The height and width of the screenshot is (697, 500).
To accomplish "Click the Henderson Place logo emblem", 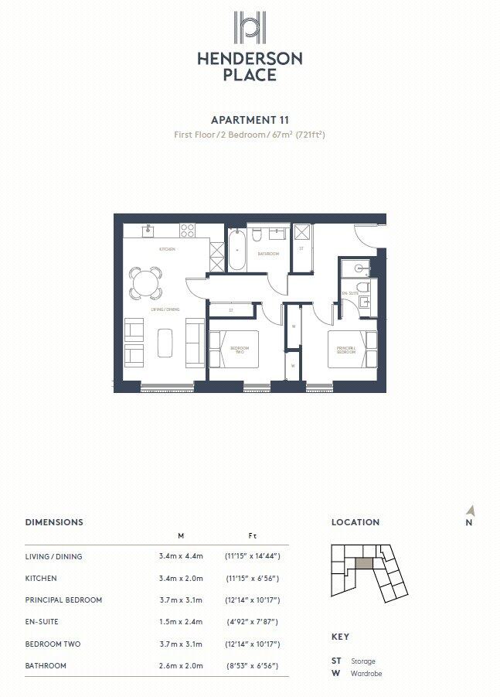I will click(250, 29).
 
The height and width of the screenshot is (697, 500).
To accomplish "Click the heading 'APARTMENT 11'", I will click(250, 120).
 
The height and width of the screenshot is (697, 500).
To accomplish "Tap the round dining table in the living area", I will click(145, 282).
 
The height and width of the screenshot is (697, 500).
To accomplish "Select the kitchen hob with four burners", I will click(187, 230).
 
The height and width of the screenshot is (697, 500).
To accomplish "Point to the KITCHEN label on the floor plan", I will click(167, 249).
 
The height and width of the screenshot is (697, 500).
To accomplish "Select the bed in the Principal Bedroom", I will click(352, 350).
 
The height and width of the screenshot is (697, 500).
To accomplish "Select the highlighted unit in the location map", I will click(362, 563).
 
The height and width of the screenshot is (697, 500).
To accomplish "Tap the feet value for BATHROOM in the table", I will click(252, 665).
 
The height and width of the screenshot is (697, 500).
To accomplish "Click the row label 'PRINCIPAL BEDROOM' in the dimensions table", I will click(63, 600).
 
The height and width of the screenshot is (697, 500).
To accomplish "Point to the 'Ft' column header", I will click(252, 535).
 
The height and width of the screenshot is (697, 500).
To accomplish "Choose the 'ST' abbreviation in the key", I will click(336, 661).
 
